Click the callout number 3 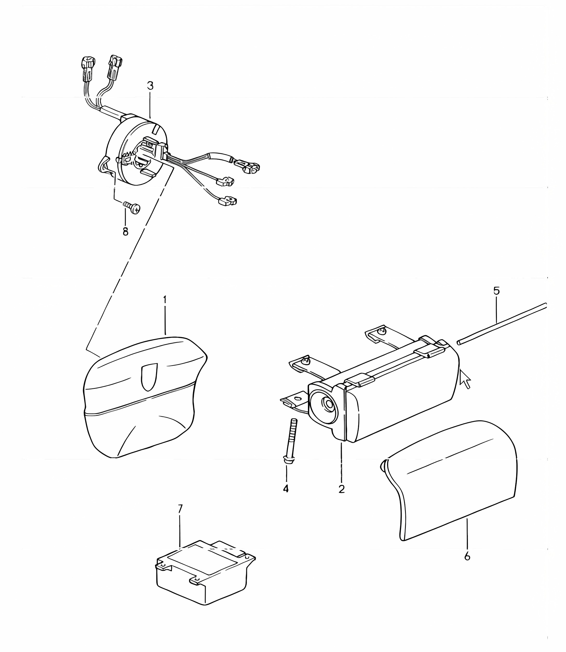coord(150,86)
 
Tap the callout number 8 coord(125,232)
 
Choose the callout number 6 coord(467,556)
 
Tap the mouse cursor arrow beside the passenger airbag coord(465,379)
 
